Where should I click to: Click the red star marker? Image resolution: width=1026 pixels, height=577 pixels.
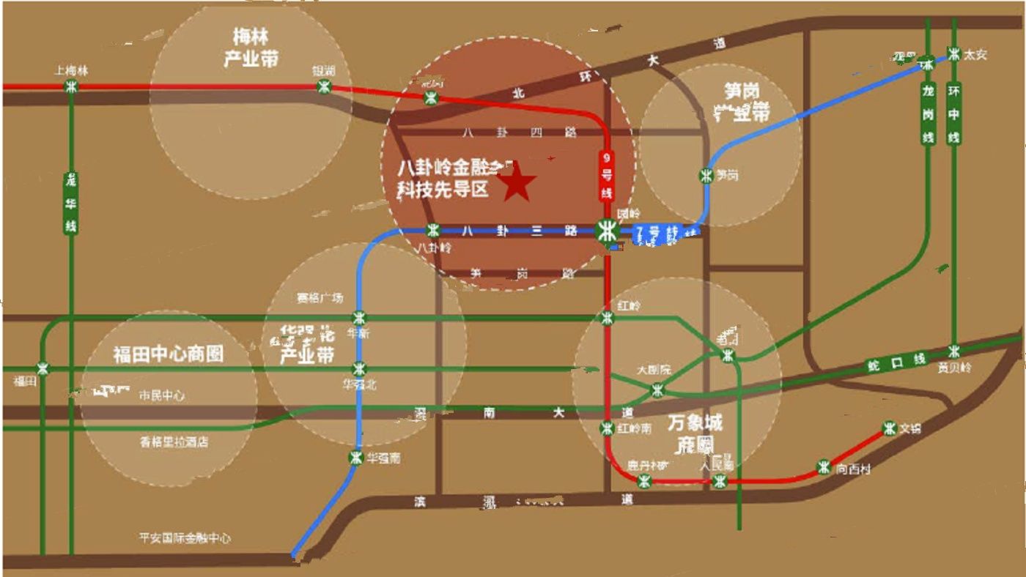click(x=517, y=183)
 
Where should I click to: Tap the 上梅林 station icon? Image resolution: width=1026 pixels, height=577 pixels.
click(x=71, y=86)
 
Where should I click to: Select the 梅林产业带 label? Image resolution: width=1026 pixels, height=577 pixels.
click(x=251, y=48)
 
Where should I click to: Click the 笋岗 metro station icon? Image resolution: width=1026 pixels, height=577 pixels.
click(x=706, y=176)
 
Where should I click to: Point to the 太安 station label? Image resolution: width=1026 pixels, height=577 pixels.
click(x=975, y=55)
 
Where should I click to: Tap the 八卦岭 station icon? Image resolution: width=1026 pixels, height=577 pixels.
click(x=433, y=231)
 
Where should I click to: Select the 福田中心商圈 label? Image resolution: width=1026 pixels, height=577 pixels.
click(x=168, y=354)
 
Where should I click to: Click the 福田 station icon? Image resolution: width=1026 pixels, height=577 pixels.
click(x=44, y=369)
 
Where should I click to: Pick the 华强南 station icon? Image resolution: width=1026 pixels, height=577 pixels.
click(x=355, y=458)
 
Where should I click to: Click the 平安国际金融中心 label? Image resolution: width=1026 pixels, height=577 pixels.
click(x=185, y=538)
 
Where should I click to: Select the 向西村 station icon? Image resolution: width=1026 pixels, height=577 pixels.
click(x=824, y=467)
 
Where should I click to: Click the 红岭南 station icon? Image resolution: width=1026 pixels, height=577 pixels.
click(x=607, y=428)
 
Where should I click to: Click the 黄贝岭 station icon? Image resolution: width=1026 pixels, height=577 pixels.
click(x=953, y=351)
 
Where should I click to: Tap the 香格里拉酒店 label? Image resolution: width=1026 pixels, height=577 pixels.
click(x=174, y=442)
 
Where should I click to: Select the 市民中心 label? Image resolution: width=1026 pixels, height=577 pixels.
click(x=162, y=395)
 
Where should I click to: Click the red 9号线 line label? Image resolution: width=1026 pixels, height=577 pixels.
click(x=606, y=176)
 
